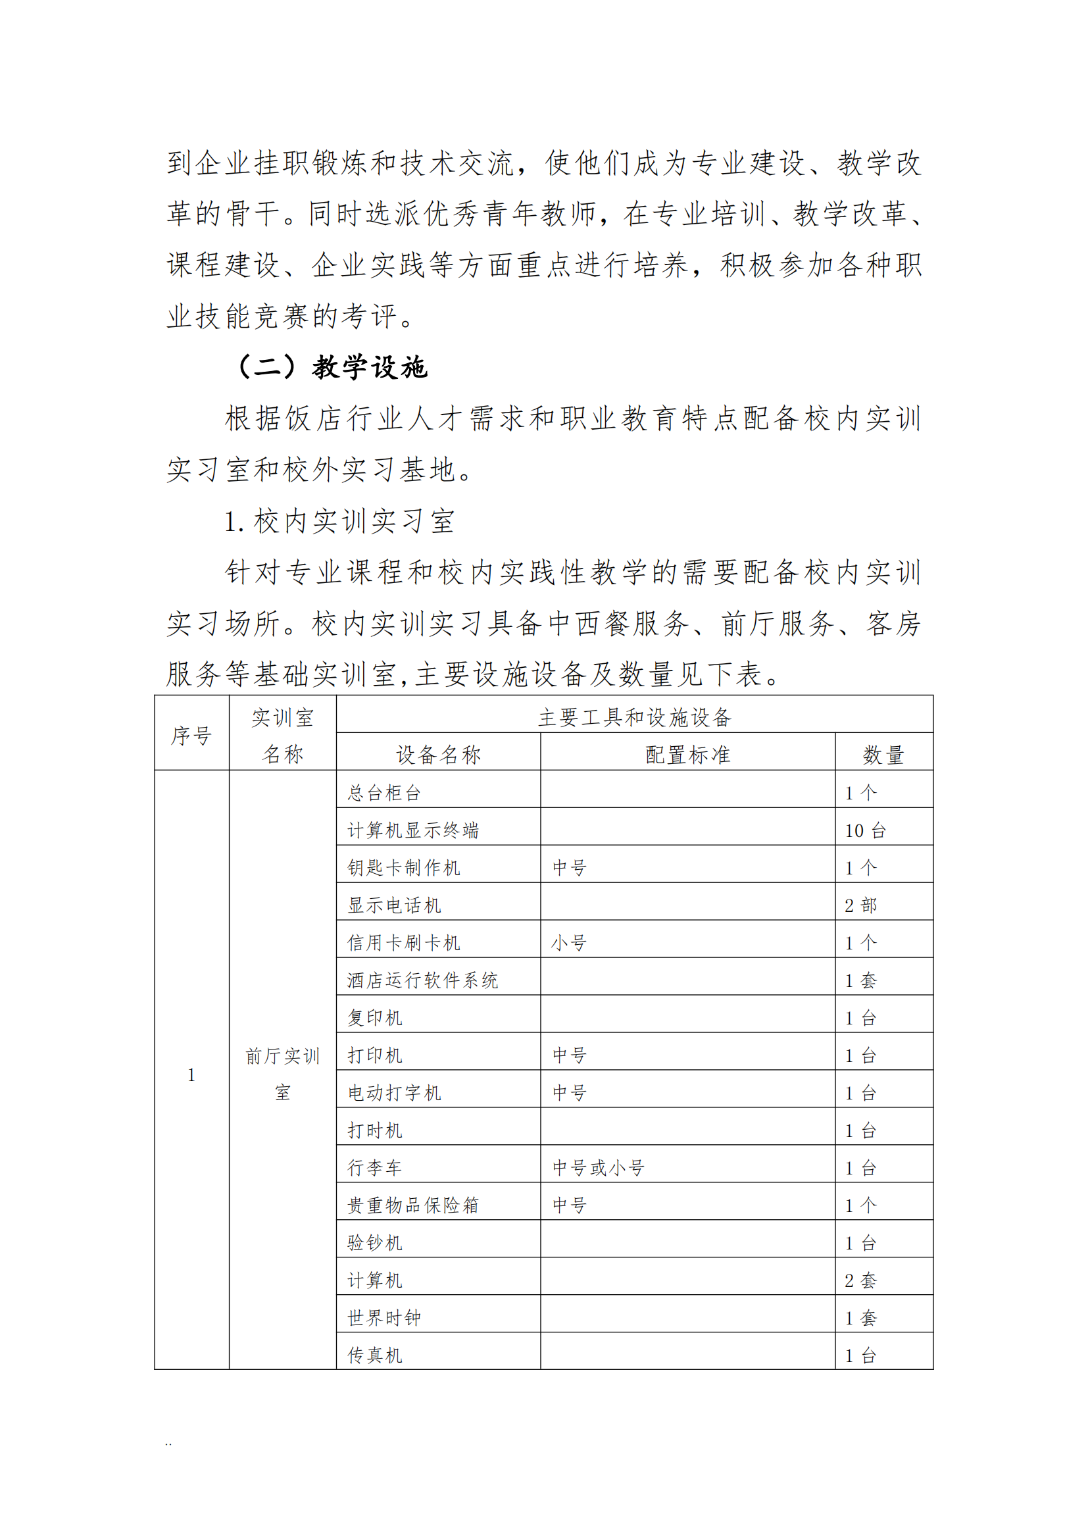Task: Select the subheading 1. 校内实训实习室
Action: pos(339,521)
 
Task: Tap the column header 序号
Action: pos(191,736)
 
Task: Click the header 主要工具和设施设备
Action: pos(634,717)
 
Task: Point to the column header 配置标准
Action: pos(687,755)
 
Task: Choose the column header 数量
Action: pos(883,755)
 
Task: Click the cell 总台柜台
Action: pos(384,793)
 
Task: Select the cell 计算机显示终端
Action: pos(412,830)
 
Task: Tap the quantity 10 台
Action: pos(865,830)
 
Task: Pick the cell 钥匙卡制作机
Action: pos(403,868)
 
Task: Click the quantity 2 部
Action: pos(860,905)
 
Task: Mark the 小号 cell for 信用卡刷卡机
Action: pos(570,943)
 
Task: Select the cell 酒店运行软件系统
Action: pos(422,980)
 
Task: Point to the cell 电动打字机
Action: pos(394,1094)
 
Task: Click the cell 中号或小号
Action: pos(598,1169)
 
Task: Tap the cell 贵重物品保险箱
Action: pos(412,1206)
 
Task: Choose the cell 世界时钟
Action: pos(384,1319)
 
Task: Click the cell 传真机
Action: pos(374,1356)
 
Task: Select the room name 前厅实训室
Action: pos(282,1074)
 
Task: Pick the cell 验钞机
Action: pos(374,1244)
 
